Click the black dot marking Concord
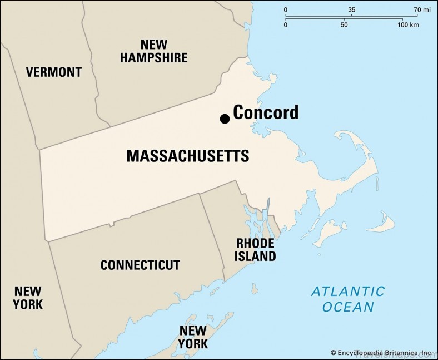pyautogui.click(x=225, y=119)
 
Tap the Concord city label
pyautogui.click(x=265, y=112)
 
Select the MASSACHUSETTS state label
pyautogui.click(x=187, y=156)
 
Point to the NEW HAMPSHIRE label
pyautogui.click(x=154, y=51)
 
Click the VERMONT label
pyautogui.click(x=54, y=72)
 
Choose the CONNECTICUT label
pyautogui.click(x=140, y=265)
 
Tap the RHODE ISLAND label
pyautogui.click(x=256, y=250)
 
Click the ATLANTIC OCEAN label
pyautogui.click(x=347, y=299)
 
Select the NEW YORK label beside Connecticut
pyautogui.click(x=28, y=297)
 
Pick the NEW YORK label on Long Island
pyautogui.click(x=193, y=337)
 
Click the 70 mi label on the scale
pyautogui.click(x=422, y=10)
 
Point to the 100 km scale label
pyautogui.click(x=408, y=25)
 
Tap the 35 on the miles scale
pyautogui.click(x=351, y=10)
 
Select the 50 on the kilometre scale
pyautogui.click(x=344, y=25)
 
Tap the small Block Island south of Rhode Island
pyautogui.click(x=255, y=289)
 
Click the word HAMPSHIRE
pyautogui.click(x=154, y=57)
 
